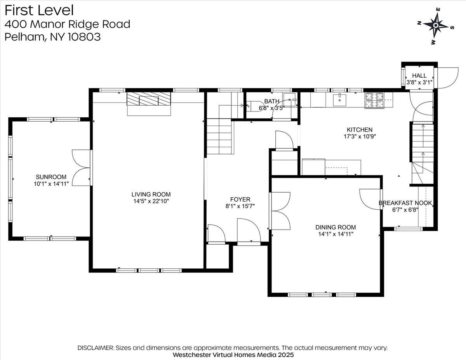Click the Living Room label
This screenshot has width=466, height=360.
(151, 194)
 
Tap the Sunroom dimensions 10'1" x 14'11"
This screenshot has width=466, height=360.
(51, 184)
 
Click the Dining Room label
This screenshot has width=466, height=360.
(335, 227)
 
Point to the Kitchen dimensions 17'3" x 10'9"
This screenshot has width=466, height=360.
(360, 136)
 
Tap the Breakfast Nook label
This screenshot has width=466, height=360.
(405, 203)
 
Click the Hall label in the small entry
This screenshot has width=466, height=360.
(419, 75)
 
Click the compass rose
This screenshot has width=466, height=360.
(436, 26)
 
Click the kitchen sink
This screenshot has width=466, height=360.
(340, 100)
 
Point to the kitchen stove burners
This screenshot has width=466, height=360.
(374, 100)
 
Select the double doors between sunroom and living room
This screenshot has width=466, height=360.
(81, 167)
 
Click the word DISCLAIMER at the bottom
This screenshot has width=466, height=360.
(95, 348)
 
